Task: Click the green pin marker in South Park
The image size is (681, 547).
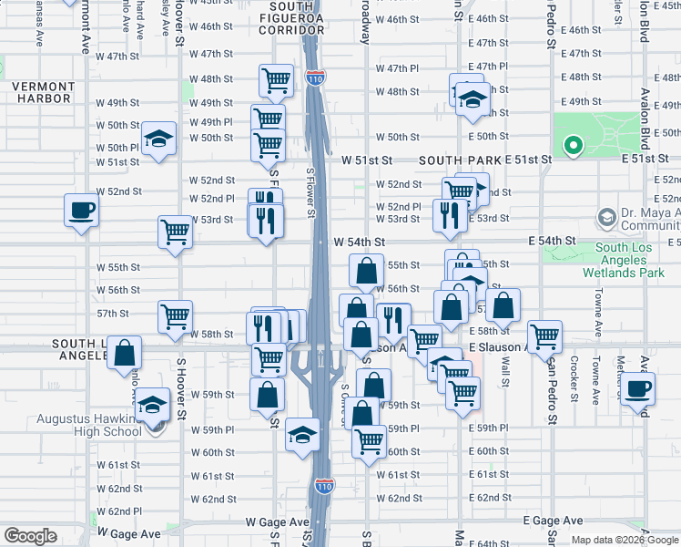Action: [x=573, y=145]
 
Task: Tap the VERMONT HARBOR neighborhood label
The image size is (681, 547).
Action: [x=42, y=92]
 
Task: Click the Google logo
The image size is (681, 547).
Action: [x=30, y=536]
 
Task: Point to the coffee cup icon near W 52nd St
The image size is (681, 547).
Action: [x=81, y=211]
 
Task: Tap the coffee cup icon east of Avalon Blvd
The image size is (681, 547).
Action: [x=638, y=388]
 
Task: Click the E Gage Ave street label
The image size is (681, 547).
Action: [x=553, y=521]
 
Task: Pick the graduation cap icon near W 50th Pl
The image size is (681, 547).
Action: [x=158, y=139]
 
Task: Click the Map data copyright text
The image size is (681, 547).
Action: [x=623, y=540]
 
